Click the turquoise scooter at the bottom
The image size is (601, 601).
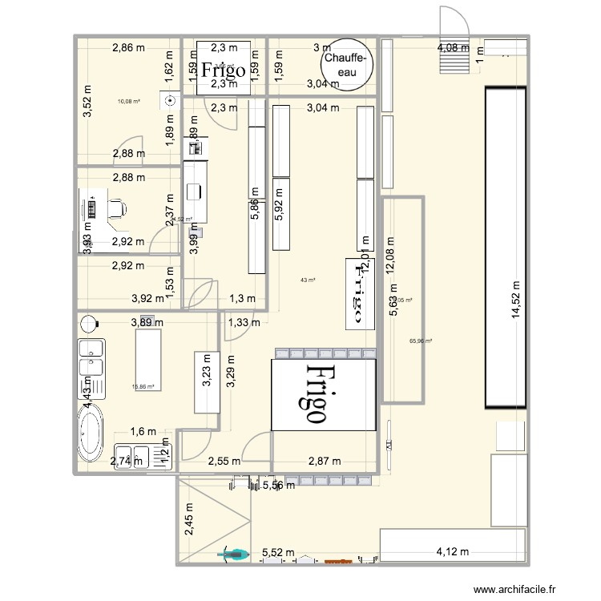pyautogui.click(x=234, y=553)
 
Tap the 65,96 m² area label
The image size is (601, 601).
pyautogui.click(x=421, y=341)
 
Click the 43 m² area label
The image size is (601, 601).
pyautogui.click(x=308, y=280)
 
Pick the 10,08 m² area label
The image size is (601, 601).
pyautogui.click(x=128, y=102)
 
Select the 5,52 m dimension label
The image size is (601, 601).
pyautogui.click(x=278, y=552)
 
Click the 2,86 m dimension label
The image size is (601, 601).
pyautogui.click(x=128, y=47)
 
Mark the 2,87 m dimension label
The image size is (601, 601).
pyautogui.click(x=325, y=461)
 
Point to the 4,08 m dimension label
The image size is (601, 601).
pyautogui.click(x=454, y=47)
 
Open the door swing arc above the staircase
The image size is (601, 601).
pyautogui.click(x=448, y=20)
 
